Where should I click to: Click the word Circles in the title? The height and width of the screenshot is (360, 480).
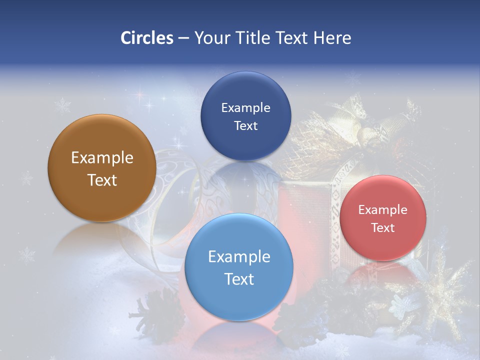pos(146,38)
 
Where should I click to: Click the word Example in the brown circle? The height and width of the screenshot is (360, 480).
pos(102,158)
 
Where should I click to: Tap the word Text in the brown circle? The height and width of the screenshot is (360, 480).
pos(102,180)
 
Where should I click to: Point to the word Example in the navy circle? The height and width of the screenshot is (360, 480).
pos(245,108)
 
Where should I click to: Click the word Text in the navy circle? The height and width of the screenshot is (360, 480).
pos(245,126)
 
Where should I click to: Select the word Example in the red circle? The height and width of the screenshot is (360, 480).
pos(383,210)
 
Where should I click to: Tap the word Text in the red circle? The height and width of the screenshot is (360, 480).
pos(383,228)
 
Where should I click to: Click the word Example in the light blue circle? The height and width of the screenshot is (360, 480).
pos(239,257)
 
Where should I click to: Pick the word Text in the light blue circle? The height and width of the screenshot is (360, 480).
pos(239,279)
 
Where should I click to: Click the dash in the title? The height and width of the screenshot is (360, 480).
pos(183,38)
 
